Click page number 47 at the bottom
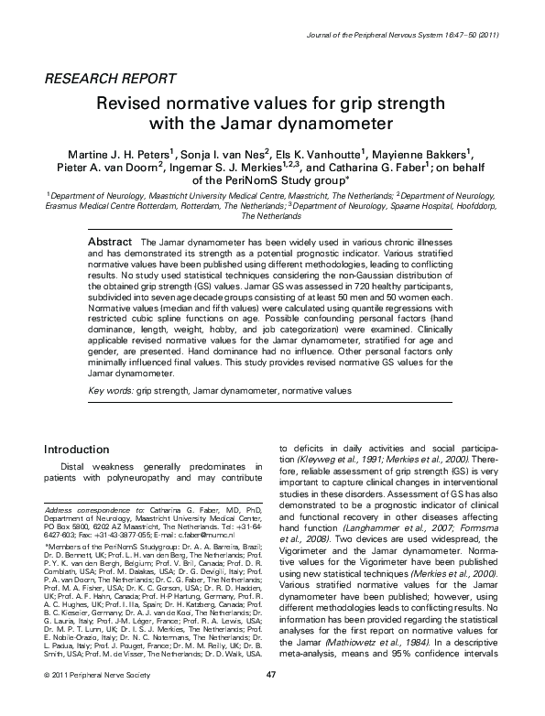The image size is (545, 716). pos(270,700)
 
